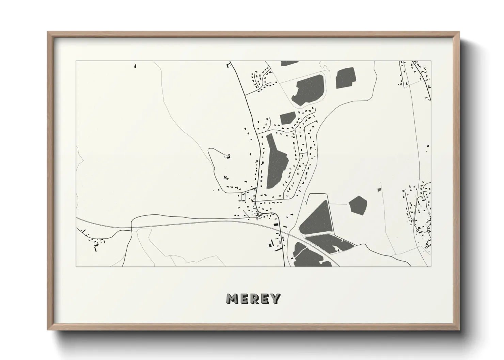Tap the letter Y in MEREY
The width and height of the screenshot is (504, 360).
(x=275, y=299)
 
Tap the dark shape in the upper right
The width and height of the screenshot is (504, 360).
(x=345, y=78)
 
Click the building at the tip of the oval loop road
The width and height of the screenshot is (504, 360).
(x=227, y=156)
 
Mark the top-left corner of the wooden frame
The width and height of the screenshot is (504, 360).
(x=48, y=32)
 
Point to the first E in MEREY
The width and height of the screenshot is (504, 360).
(x=244, y=299)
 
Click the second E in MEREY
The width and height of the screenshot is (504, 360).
(x=265, y=299)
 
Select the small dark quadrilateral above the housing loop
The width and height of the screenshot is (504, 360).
(x=287, y=118)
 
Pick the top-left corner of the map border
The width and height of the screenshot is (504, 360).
(x=76, y=61)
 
